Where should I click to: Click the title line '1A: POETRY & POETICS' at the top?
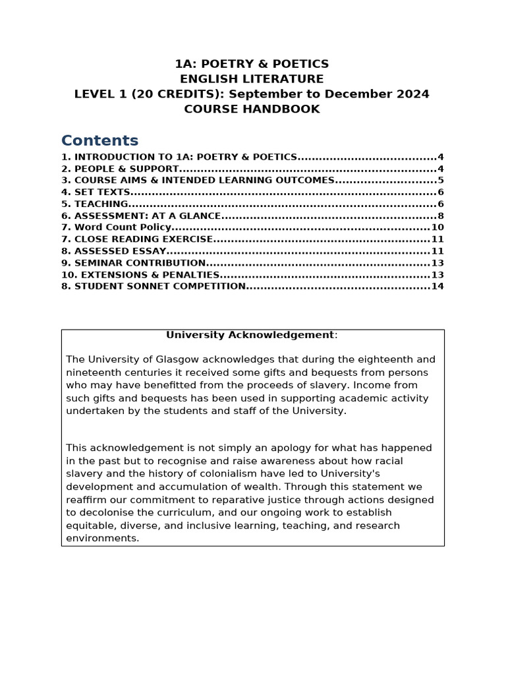tap(252, 64)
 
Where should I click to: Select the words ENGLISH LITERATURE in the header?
tap(252, 79)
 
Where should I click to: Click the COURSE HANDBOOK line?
tap(252, 109)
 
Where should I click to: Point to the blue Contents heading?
tap(99, 140)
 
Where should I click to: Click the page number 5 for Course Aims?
tap(441, 181)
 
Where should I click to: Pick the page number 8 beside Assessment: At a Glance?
tap(441, 216)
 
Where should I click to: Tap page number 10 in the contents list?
tap(437, 227)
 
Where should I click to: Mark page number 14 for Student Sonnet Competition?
tap(437, 287)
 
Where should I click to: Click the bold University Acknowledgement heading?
tap(250, 335)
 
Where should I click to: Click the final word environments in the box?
tap(102, 539)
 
